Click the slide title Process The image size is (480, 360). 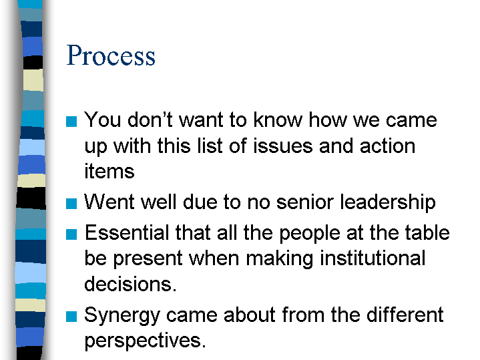pos(111,55)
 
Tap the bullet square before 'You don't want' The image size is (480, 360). pos(71,122)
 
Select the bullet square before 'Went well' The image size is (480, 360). pos(71,204)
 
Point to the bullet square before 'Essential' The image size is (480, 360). pos(71,234)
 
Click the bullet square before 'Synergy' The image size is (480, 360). pos(71,317)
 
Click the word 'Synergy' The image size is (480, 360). pos(122,316)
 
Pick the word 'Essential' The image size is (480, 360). pos(127,232)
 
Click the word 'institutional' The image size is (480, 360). pos(373,258)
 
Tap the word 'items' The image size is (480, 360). pos(109,171)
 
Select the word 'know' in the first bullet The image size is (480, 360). pos(278,120)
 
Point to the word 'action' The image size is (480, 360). pos(388,146)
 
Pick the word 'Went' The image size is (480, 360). pos(109,202)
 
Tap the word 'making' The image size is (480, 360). pos(280,259)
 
